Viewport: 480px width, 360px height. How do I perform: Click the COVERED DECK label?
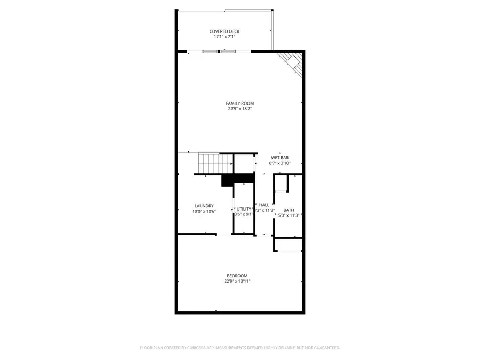point(224,31)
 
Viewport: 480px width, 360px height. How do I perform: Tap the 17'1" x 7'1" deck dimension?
point(224,37)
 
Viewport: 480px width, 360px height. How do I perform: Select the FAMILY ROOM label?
point(239,103)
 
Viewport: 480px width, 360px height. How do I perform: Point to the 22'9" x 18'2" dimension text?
point(239,109)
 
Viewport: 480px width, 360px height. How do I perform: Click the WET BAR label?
point(279,157)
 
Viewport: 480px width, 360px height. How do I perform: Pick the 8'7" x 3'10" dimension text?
point(279,163)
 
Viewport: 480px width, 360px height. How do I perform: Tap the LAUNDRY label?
point(204,206)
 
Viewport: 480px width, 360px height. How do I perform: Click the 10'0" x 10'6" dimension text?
point(204,212)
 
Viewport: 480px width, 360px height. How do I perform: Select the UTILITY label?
point(244,209)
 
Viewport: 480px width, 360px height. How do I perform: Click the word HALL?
point(264,205)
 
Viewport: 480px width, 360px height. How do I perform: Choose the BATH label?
point(289,210)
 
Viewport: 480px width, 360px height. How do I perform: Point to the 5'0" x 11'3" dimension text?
point(289,215)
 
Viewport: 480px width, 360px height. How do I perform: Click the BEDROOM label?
point(237,276)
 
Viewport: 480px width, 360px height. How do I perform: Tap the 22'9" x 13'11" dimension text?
point(237,282)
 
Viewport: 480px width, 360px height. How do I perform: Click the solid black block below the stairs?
point(237,180)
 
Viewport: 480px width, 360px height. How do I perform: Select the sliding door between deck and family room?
point(219,52)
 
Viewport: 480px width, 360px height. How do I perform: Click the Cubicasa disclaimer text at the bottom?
point(239,348)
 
